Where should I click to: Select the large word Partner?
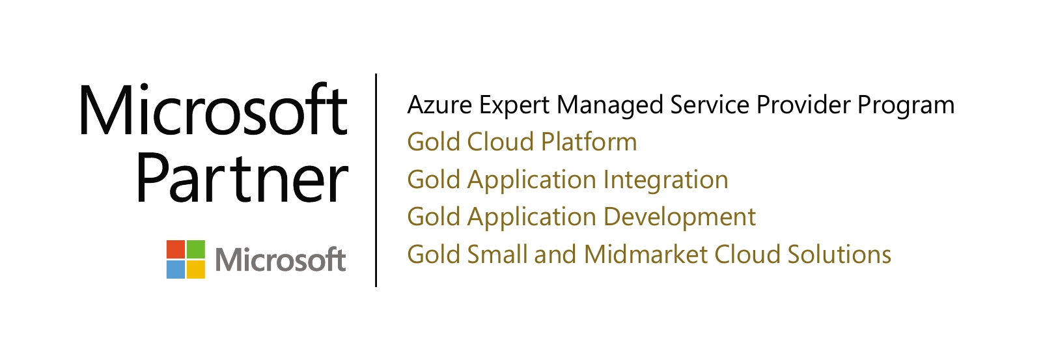242,178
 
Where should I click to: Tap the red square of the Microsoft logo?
176,249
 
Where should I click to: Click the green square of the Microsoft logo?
195,249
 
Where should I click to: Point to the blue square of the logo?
176,269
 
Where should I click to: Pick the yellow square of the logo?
195,269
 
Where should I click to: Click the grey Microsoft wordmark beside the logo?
281,259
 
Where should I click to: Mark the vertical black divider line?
376,180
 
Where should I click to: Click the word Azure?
439,105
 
